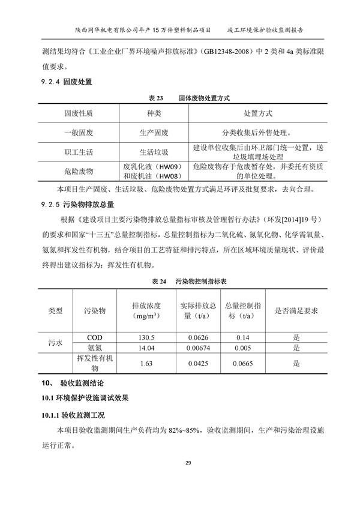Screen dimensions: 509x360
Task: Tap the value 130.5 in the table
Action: tap(146, 337)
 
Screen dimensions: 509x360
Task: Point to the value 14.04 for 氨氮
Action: tap(146, 348)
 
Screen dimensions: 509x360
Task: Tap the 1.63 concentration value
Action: tap(146, 363)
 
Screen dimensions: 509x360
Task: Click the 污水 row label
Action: tap(55, 342)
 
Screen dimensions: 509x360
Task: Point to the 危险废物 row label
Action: tap(78, 171)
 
